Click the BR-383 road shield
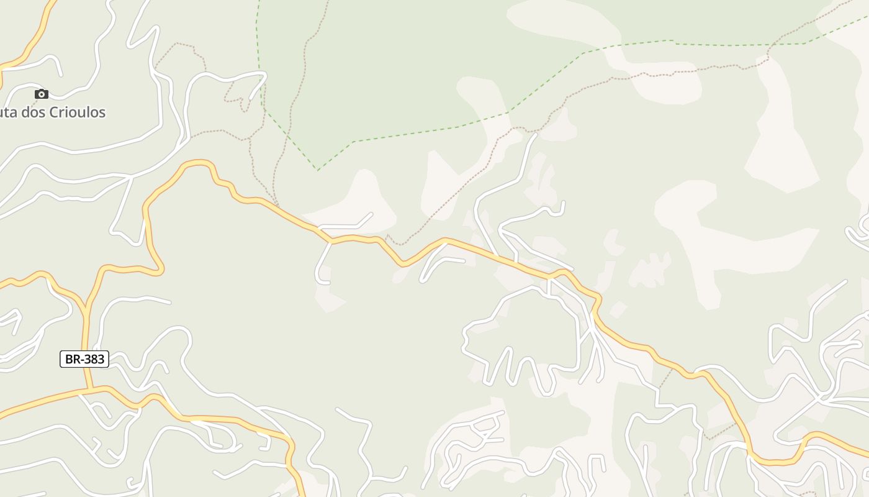coord(84,359)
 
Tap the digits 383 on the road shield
coord(93,359)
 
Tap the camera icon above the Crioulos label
coord(42,94)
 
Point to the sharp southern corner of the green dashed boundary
coord(318,170)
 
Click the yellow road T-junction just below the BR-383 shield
coord(90,390)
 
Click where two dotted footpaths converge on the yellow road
coord(277,204)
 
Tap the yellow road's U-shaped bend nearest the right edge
coord(776,462)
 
